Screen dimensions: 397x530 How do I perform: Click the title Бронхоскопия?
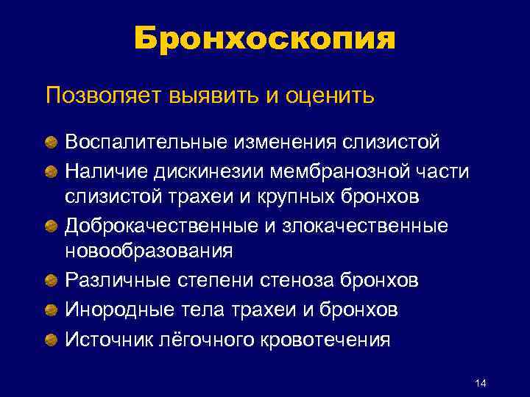coord(265,37)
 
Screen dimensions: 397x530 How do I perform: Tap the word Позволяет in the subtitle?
coord(102,96)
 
